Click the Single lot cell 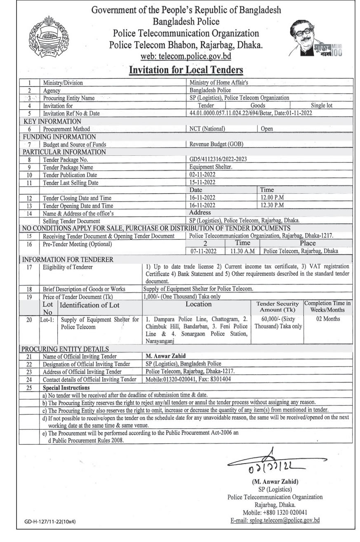click(322, 106)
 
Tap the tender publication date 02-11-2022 click(202, 175)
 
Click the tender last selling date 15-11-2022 click(202, 182)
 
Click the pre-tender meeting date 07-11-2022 click(202, 251)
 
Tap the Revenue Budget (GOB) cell click(216, 144)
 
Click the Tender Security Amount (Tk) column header click(276, 307)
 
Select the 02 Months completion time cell click(328, 319)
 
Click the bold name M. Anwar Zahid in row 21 click(164, 356)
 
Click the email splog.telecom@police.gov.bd click(274, 521)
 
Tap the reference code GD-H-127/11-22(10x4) click(50, 521)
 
